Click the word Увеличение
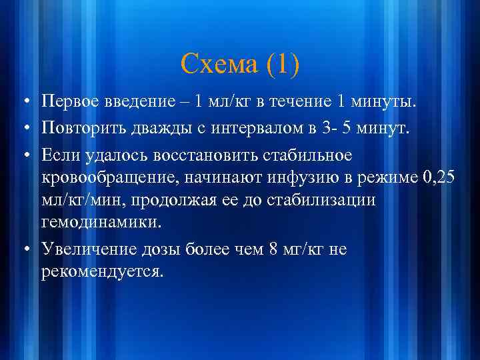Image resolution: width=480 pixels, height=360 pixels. pos(90,249)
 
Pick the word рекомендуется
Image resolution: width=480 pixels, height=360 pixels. pos(101,271)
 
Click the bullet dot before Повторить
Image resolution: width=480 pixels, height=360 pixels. pos(24,123)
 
